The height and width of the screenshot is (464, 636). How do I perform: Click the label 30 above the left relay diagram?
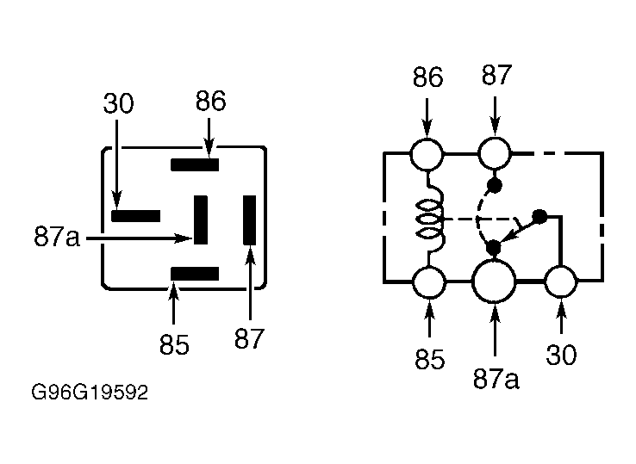pyautogui.click(x=118, y=103)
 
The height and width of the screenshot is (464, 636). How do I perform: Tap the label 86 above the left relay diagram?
pyautogui.click(x=210, y=101)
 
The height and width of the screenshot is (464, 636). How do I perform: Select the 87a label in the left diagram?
pyautogui.click(x=57, y=236)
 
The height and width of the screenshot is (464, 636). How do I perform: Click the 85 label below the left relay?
pyautogui.click(x=174, y=345)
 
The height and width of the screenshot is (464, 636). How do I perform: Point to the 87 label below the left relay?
pyautogui.click(x=249, y=338)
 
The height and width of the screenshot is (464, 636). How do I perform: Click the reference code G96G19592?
pyautogui.click(x=90, y=393)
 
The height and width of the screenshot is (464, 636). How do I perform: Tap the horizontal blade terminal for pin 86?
pyautogui.click(x=195, y=165)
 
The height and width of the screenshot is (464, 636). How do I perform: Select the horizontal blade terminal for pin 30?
pyautogui.click(x=136, y=216)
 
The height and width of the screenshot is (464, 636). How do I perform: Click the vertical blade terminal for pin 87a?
pyautogui.click(x=201, y=220)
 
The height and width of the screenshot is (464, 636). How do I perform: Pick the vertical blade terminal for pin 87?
pyautogui.click(x=249, y=220)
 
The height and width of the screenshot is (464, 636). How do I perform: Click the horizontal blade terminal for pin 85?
pyautogui.click(x=195, y=274)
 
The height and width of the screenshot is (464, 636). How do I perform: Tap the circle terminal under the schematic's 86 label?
pyautogui.click(x=427, y=154)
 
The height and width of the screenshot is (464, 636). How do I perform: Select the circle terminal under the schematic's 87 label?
pyautogui.click(x=495, y=153)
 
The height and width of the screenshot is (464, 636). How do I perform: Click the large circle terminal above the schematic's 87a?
pyautogui.click(x=494, y=281)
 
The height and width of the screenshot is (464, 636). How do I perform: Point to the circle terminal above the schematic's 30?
pyautogui.click(x=560, y=281)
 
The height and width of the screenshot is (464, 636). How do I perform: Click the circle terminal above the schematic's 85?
pyautogui.click(x=428, y=282)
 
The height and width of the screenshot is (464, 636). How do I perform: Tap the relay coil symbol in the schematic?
pyautogui.click(x=430, y=219)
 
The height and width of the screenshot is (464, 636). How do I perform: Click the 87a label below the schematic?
pyautogui.click(x=496, y=380)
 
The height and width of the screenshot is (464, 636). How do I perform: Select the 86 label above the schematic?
pyautogui.click(x=428, y=77)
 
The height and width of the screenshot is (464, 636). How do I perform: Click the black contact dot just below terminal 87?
pyautogui.click(x=494, y=186)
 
